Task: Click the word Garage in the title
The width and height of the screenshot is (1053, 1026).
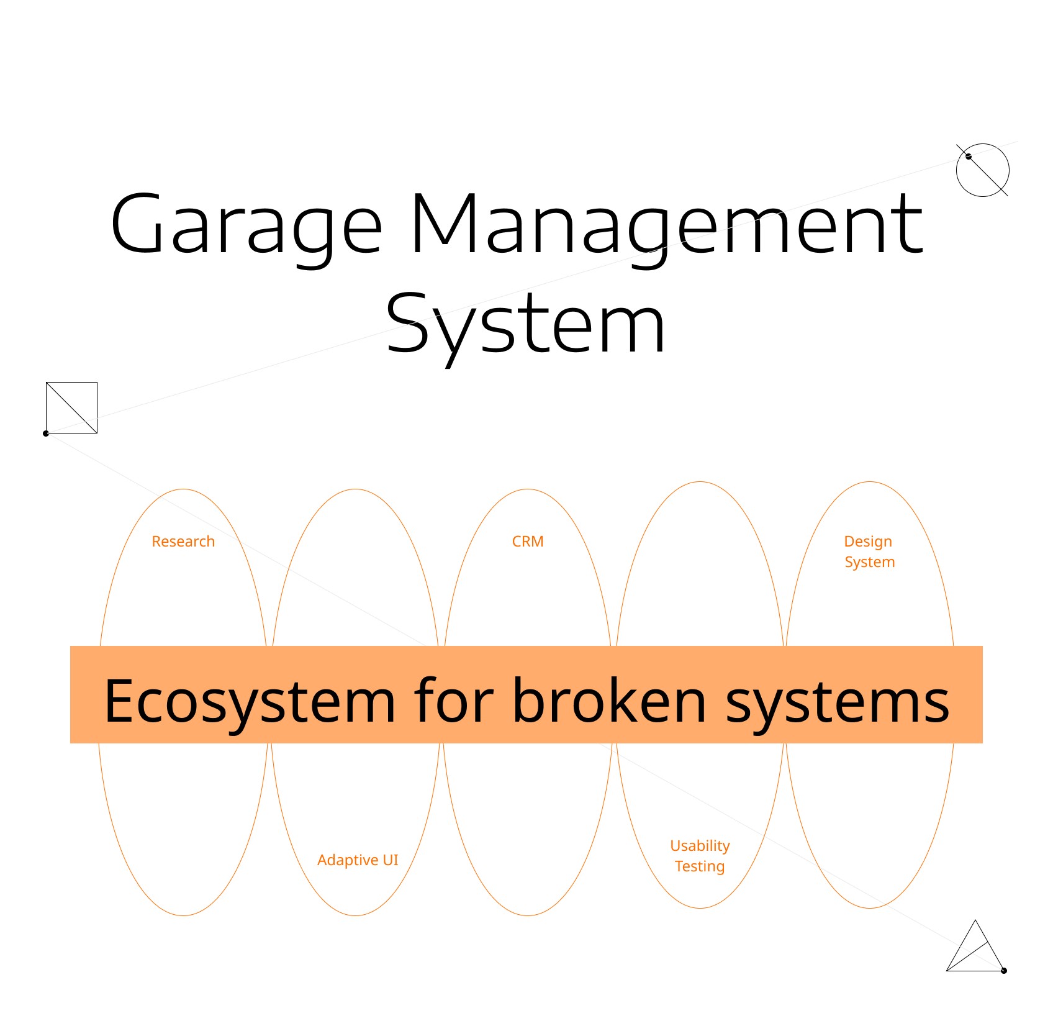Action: [246, 225]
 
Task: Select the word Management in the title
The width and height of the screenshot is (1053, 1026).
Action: [667, 225]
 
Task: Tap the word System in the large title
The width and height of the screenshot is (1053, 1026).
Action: [525, 324]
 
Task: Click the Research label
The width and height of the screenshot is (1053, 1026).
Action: [183, 542]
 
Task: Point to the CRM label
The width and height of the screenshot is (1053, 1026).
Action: [528, 542]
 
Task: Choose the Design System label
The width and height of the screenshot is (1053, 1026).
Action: [869, 552]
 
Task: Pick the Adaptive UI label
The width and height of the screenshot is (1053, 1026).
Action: [358, 860]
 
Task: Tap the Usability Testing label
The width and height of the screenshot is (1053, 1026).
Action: [700, 856]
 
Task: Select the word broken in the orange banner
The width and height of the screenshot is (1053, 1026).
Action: [610, 702]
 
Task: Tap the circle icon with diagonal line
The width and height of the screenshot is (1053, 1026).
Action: [983, 170]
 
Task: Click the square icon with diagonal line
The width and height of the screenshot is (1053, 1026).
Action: [72, 407]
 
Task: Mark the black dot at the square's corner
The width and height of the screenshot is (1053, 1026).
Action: [46, 434]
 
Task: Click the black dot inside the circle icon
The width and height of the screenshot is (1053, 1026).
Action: [969, 157]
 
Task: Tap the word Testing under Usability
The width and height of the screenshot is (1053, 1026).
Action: [700, 866]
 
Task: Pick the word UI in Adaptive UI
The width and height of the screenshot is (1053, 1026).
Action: [391, 860]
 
